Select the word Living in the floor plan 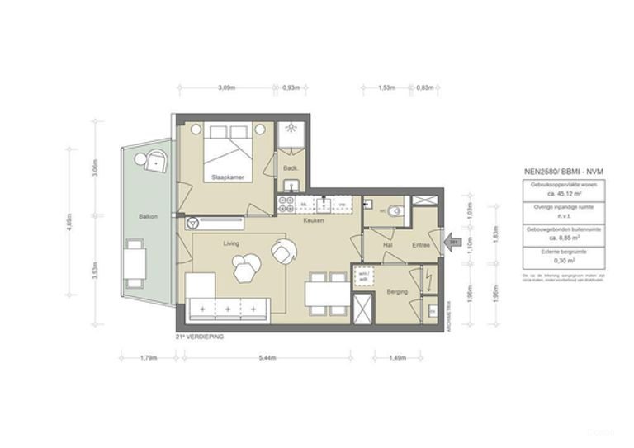[231, 243]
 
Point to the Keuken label [313, 221]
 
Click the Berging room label [398, 292]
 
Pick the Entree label [422, 245]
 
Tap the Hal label [387, 245]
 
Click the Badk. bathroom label [290, 167]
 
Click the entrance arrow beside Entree [453, 242]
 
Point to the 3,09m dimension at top [227, 87]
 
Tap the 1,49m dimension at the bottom [398, 358]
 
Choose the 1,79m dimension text [148, 358]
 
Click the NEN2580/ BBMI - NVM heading [564, 171]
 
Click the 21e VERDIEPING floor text [200, 337]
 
